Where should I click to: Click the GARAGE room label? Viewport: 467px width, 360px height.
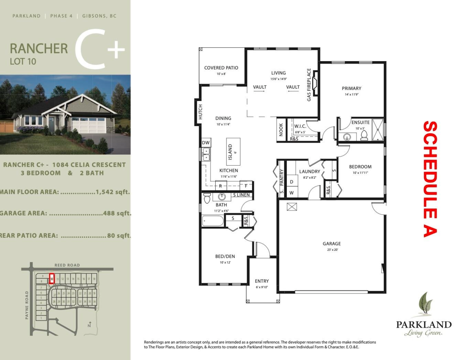click(332, 244)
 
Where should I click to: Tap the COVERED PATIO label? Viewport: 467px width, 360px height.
click(221, 68)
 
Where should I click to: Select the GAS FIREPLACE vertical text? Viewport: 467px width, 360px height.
click(309, 85)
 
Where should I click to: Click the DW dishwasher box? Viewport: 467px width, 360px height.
click(205, 143)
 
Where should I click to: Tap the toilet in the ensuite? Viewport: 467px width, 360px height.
click(364, 135)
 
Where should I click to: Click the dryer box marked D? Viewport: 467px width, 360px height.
click(291, 182)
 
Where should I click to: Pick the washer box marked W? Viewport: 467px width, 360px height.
click(291, 192)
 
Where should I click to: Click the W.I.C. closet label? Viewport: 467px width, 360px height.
click(300, 126)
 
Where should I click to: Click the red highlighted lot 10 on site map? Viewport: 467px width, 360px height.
click(51, 279)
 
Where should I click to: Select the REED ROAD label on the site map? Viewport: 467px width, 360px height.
click(67, 265)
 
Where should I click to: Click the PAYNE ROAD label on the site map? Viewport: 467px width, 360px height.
click(27, 305)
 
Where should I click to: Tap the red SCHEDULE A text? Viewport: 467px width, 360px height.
click(430, 179)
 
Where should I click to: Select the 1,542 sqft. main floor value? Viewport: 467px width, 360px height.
click(113, 192)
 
